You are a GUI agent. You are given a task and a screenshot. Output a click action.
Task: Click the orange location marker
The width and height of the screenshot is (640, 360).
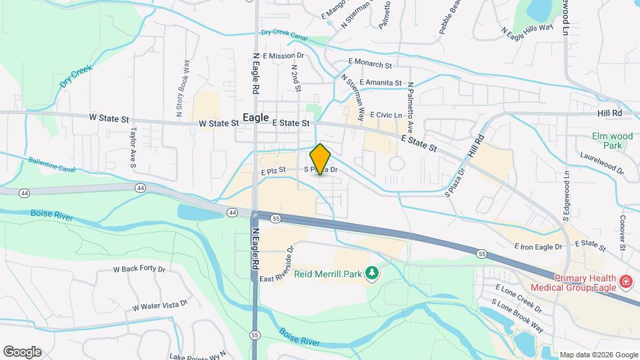[321, 159]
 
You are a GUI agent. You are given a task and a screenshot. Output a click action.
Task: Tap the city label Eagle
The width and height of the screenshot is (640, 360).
[255, 117]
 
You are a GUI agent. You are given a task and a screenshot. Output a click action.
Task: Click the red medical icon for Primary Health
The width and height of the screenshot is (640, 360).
[625, 282]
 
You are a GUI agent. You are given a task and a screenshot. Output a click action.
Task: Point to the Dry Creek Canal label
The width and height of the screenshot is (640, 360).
[284, 31]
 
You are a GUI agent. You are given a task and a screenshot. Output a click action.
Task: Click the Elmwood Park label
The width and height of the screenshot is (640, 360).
[611, 141]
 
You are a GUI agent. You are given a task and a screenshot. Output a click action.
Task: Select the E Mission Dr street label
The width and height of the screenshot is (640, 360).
[283, 56]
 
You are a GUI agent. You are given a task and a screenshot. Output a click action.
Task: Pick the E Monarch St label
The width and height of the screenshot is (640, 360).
[370, 64]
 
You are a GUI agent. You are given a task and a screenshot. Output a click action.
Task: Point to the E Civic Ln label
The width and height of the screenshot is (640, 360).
[387, 115]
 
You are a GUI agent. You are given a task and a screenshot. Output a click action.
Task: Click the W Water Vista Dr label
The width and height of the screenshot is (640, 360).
[160, 305]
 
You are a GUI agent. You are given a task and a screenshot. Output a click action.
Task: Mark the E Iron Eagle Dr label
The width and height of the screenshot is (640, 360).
[538, 247]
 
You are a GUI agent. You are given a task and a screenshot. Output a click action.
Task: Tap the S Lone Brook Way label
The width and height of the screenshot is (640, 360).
[517, 317]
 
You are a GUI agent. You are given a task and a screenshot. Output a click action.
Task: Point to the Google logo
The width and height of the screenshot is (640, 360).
[22, 352]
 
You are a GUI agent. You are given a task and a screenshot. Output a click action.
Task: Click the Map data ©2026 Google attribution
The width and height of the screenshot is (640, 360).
[599, 355]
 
